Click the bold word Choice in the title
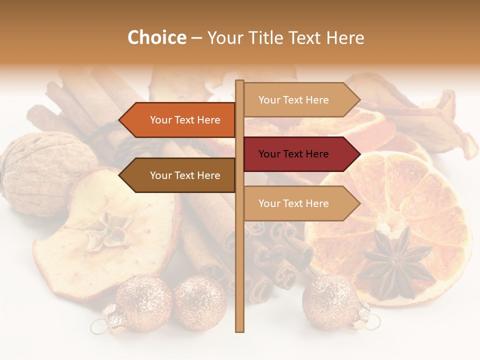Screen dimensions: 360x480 point(156,37)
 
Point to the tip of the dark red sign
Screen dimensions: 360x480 point(358,154)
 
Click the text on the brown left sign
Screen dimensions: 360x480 point(185,175)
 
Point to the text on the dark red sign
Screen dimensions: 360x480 point(293,154)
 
